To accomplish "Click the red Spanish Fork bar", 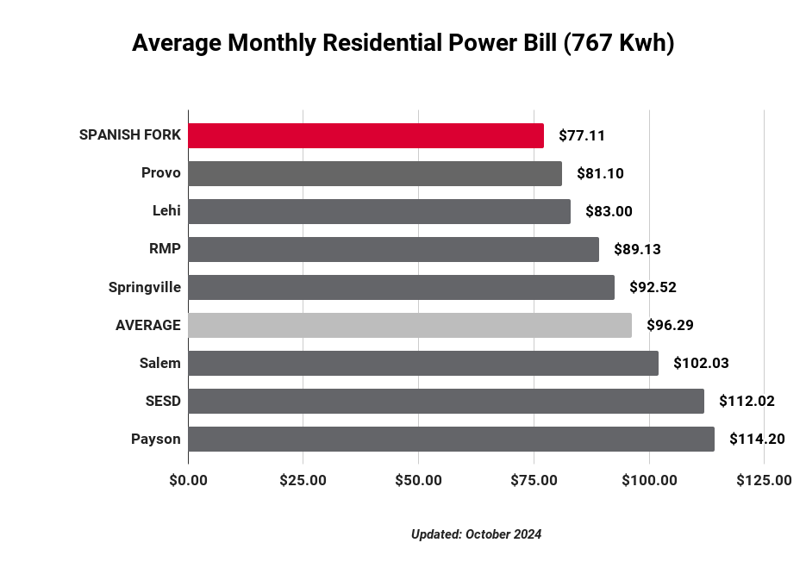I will pyautogui.click(x=366, y=135).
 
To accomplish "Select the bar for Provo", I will pyautogui.click(x=375, y=173).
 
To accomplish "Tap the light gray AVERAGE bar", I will pyautogui.click(x=409, y=325).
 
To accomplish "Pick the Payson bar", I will pyautogui.click(x=451, y=439).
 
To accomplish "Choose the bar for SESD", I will pyautogui.click(x=446, y=401).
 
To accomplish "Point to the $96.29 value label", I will pyautogui.click(x=670, y=325).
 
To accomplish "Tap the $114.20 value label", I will pyautogui.click(x=757, y=439).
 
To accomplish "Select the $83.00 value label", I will pyautogui.click(x=609, y=211).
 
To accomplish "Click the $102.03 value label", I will pyautogui.click(x=701, y=363).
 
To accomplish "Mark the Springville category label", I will pyautogui.click(x=145, y=287).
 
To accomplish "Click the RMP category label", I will pyautogui.click(x=165, y=249).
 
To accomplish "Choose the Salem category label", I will pyautogui.click(x=160, y=363).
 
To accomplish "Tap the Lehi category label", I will pyautogui.click(x=166, y=211).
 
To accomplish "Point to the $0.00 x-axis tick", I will pyautogui.click(x=188, y=480).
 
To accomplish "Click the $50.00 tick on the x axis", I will pyautogui.click(x=418, y=480).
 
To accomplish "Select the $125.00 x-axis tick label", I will pyautogui.click(x=764, y=480).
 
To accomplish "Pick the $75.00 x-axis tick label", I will pyautogui.click(x=534, y=480).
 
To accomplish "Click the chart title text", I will pyautogui.click(x=403, y=43).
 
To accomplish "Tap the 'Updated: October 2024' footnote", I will pyautogui.click(x=476, y=534).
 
